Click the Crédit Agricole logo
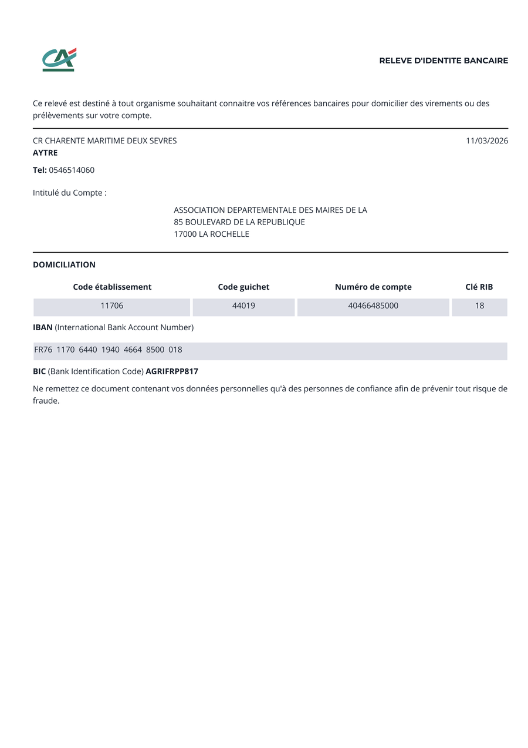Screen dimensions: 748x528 coord(59,60)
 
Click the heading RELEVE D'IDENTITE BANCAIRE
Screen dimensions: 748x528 coord(444,61)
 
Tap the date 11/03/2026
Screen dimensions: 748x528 coord(487,141)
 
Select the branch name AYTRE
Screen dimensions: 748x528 coord(45,153)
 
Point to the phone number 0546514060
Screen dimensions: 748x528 coord(72,170)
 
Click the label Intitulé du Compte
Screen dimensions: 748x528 coord(70,193)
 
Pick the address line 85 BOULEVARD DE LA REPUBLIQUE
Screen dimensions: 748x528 coord(239,222)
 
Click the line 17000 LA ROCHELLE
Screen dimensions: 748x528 coord(211,234)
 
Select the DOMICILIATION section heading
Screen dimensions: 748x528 coord(64,265)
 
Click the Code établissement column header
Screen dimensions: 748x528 coord(112,287)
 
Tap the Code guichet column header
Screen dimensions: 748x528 coord(243,287)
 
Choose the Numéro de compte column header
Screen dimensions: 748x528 coord(373,287)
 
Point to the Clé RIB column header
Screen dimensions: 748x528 coord(479,287)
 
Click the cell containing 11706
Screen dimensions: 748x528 coord(112,306)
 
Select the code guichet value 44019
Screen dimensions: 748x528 coord(243,306)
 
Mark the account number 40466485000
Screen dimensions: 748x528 coord(373,306)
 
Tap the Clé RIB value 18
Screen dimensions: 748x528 coord(479,306)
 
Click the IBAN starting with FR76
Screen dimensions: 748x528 coord(109,350)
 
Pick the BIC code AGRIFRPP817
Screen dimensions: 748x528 coord(172,372)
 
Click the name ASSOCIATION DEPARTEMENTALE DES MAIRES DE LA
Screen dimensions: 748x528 coord(270,210)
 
